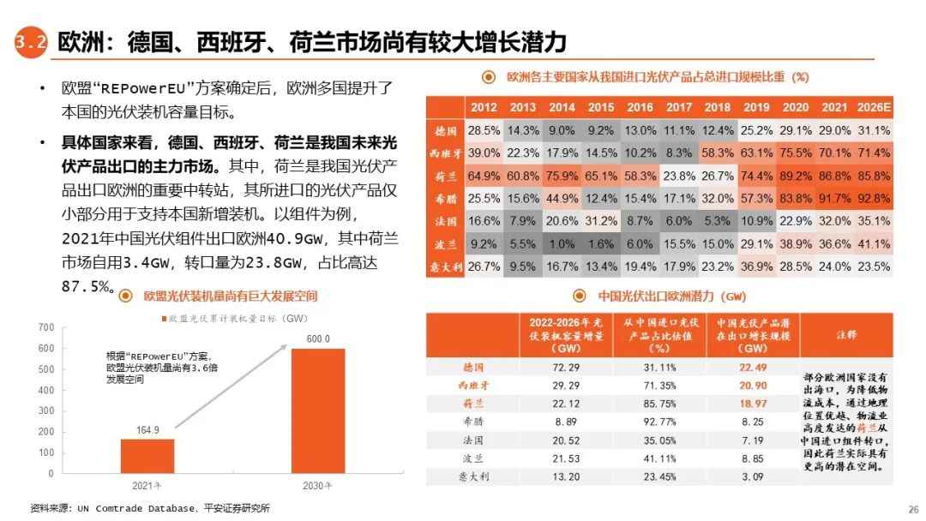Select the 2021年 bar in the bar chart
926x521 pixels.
pyautogui.click(x=147, y=455)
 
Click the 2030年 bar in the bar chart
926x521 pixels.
pyautogui.click(x=317, y=410)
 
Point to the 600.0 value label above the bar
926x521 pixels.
pyautogui.click(x=318, y=339)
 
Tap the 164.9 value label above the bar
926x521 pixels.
pyautogui.click(x=147, y=430)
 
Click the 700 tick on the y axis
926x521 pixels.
pyautogui.click(x=46, y=327)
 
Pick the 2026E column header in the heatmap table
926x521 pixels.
pyautogui.click(x=873, y=107)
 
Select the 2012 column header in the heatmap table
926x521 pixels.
pyautogui.click(x=483, y=107)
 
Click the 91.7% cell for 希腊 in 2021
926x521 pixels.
pyautogui.click(x=834, y=198)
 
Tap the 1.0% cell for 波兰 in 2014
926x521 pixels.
pyautogui.click(x=562, y=243)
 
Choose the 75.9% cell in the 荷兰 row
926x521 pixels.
pyautogui.click(x=562, y=176)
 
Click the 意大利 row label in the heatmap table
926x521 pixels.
pyautogui.click(x=445, y=266)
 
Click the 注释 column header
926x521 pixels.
pyautogui.click(x=846, y=335)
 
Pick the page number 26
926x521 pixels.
pyautogui.click(x=912, y=508)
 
